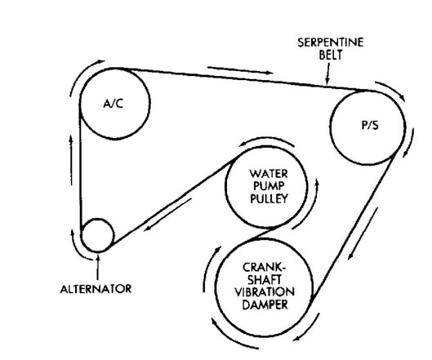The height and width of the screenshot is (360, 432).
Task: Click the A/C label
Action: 114,104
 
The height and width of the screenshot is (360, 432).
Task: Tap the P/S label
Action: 370,126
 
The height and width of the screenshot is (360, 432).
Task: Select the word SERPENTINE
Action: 331,42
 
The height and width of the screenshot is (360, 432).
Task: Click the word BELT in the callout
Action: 331,55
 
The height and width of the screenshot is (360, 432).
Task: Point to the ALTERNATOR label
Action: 96,289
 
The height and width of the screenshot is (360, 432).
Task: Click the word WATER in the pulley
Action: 269,174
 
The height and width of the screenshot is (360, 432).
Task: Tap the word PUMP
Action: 269,186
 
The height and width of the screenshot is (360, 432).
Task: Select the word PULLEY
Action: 269,198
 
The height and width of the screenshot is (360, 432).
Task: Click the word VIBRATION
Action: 265,292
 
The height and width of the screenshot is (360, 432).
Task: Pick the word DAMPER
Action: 265,304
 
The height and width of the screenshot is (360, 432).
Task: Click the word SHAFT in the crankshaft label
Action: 265,279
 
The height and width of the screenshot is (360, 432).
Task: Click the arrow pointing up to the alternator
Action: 98,268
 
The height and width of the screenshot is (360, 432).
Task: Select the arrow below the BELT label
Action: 327,73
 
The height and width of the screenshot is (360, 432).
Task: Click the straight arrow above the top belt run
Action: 240,70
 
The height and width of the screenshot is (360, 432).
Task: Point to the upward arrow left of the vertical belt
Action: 71,160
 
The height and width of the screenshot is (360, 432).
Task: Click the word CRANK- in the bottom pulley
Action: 265,267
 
